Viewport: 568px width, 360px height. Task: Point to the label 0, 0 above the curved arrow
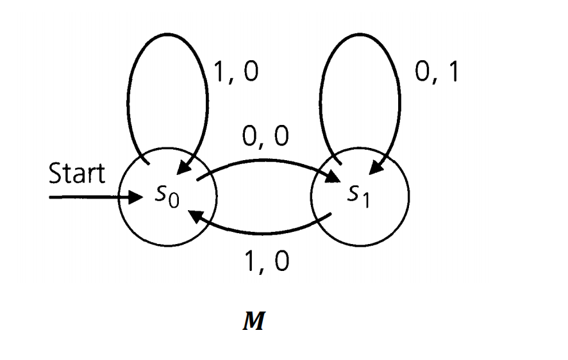(265, 136)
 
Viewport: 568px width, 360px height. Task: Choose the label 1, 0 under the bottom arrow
(265, 260)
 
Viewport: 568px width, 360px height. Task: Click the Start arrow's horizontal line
(90, 196)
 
